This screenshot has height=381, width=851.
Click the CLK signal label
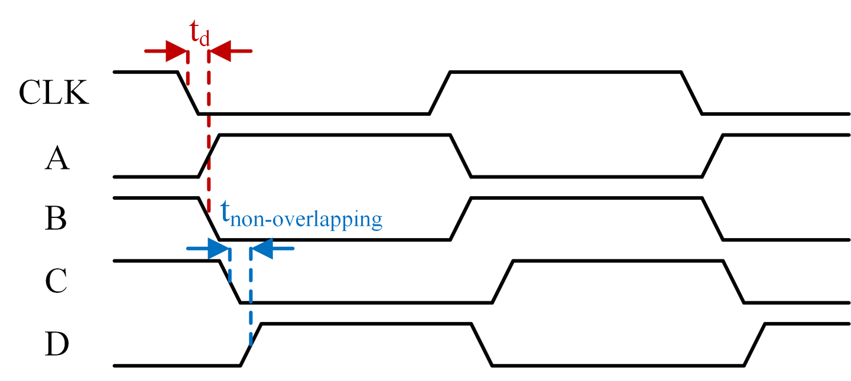[54, 93]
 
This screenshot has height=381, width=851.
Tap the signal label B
[57, 219]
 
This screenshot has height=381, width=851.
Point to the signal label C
[57, 282]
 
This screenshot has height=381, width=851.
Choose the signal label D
[57, 346]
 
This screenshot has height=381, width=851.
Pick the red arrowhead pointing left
[220, 51]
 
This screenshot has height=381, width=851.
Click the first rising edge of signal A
[209, 156]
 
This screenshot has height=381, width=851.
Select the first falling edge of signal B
[209, 219]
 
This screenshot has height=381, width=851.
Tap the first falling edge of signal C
[230, 282]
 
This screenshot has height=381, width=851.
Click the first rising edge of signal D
[251, 345]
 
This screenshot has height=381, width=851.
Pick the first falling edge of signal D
[481, 345]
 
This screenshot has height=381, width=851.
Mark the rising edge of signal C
[502, 282]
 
